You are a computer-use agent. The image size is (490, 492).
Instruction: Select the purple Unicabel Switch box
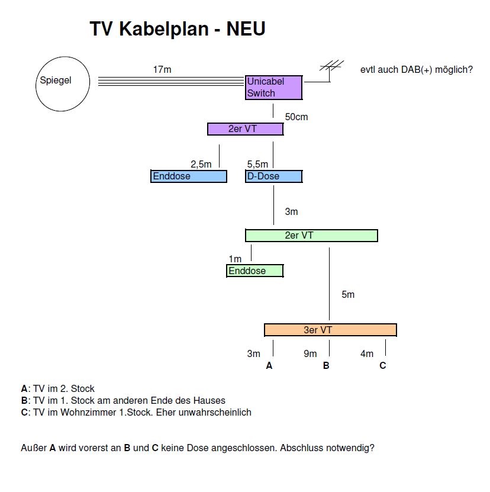274,88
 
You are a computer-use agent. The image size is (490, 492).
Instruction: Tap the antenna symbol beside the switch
331,67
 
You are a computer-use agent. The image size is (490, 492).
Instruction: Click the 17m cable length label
162,70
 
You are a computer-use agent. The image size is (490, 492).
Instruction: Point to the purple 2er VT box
245,129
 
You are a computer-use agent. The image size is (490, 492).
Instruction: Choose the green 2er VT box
311,236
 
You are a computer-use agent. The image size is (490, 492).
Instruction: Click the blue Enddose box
189,176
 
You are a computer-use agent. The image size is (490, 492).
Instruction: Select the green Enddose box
254,271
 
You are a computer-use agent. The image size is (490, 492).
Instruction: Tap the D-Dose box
273,176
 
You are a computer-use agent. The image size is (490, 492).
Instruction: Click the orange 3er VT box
330,330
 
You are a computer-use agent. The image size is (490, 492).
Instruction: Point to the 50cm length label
296,117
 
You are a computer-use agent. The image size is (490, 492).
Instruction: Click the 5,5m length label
257,165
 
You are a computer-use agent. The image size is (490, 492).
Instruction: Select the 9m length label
310,354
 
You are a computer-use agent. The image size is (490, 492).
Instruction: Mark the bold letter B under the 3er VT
326,366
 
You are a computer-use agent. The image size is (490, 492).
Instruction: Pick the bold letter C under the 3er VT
383,366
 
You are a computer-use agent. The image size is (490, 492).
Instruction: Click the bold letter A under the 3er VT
269,366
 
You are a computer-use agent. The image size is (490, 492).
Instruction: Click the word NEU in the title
246,29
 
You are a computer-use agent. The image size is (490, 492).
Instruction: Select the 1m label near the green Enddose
235,259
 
